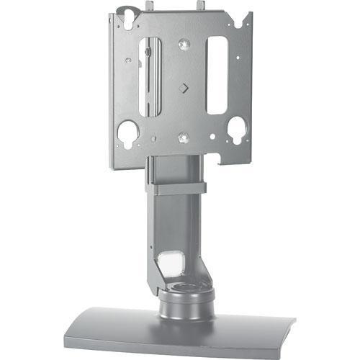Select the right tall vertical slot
tap(217, 75)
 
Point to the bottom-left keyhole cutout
tap(127, 134)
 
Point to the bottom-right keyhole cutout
tap(237, 130)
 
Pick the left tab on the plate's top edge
tap(148, 6)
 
